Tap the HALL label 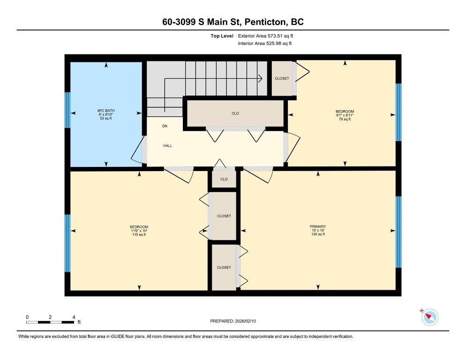pos(168,146)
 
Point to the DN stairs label pos(165,126)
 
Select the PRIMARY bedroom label pos(318,226)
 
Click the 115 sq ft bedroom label pos(139,231)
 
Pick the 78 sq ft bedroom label pos(345,115)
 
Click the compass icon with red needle pos(430,317)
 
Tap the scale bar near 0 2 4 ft pos(50,322)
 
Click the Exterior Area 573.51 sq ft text pos(265,36)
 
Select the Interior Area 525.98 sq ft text pos(265,44)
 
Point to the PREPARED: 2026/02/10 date pos(233,321)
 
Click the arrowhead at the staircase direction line pos(260,78)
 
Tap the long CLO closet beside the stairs pos(235,113)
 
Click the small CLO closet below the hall pos(224,179)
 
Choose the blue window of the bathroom pos(68,110)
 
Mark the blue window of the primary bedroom pos(398,232)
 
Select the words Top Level pos(222,36)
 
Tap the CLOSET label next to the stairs pos(282,78)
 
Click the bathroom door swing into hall pos(136,150)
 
